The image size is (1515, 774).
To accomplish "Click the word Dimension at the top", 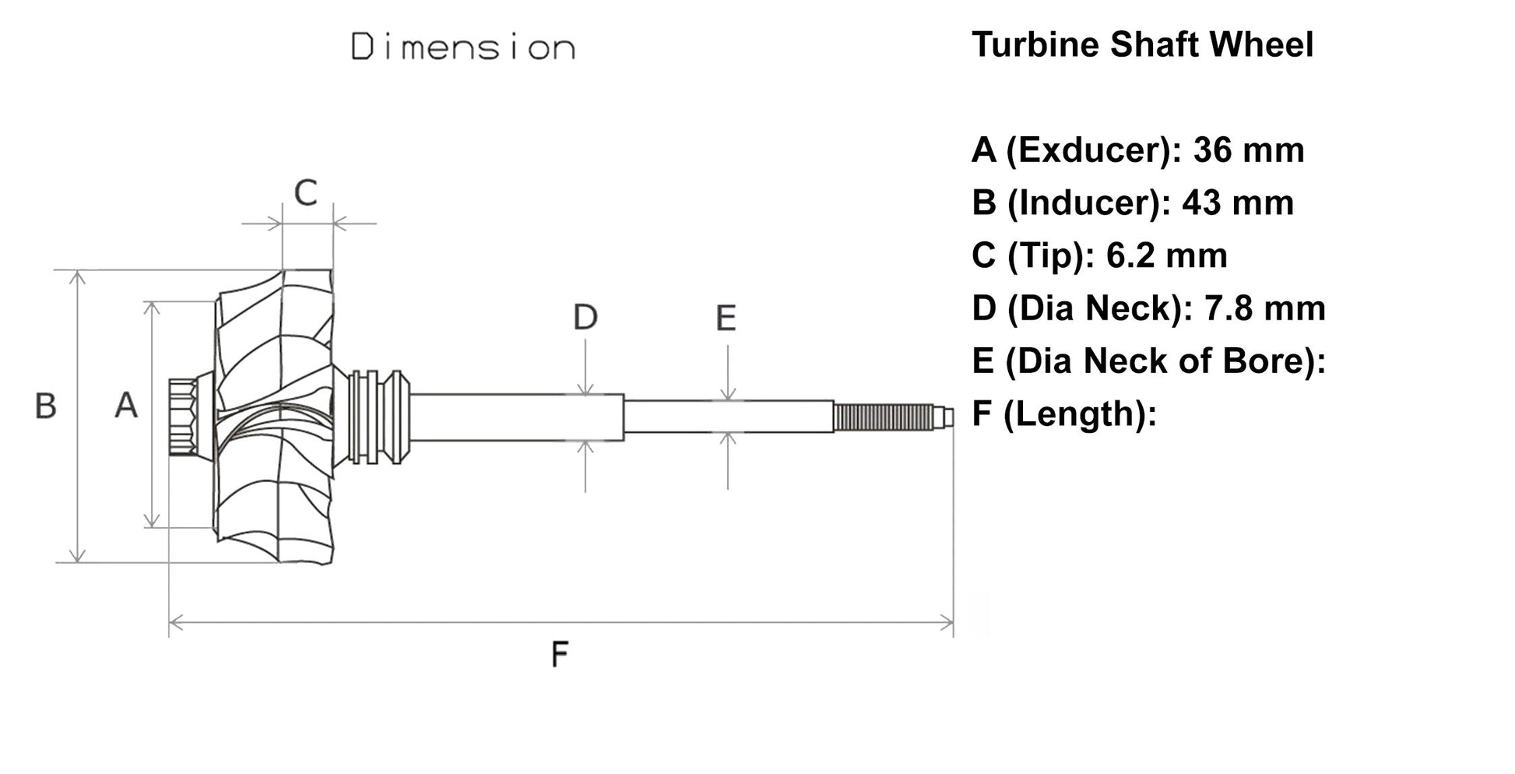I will point(463,47).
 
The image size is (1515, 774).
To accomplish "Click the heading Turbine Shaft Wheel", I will point(1142,44).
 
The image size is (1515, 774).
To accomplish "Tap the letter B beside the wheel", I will point(46,406).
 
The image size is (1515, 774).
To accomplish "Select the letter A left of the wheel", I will point(126,406).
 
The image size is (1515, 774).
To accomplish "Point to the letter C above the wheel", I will point(306,192).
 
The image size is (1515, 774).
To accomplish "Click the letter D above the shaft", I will point(585,317).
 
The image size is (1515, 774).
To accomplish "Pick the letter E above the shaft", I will point(726,318).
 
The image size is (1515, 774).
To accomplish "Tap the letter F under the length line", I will point(559,654).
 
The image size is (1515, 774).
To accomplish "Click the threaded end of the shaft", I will point(883,417).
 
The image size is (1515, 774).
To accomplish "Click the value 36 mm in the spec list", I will point(1248,150).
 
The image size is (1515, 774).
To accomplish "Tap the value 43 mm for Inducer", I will point(1237,203).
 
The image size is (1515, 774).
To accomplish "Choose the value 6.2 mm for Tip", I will point(1165,256).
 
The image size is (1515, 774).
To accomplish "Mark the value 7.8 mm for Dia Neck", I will point(1264,308).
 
